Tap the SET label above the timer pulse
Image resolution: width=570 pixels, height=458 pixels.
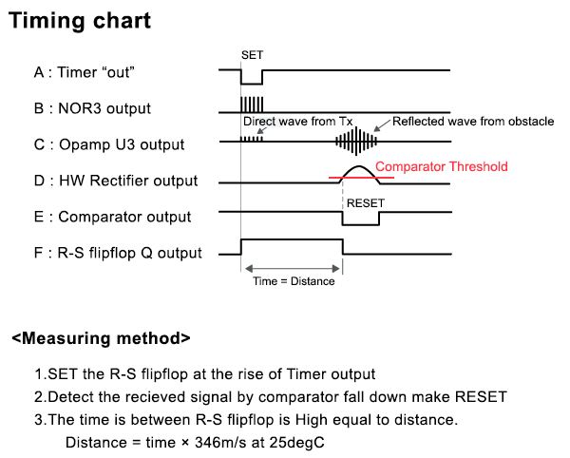tap(252, 55)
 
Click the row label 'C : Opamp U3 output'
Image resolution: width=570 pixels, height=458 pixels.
tap(109, 144)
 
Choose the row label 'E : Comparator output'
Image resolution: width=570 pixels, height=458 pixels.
tap(112, 217)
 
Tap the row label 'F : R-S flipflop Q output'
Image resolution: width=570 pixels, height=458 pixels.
tap(119, 253)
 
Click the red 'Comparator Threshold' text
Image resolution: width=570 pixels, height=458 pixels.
tap(442, 166)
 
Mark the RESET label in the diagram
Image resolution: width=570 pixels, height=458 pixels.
tap(366, 202)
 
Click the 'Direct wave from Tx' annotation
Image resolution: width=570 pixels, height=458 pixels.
tap(297, 122)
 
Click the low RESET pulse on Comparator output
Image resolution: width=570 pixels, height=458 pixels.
tap(361, 220)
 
